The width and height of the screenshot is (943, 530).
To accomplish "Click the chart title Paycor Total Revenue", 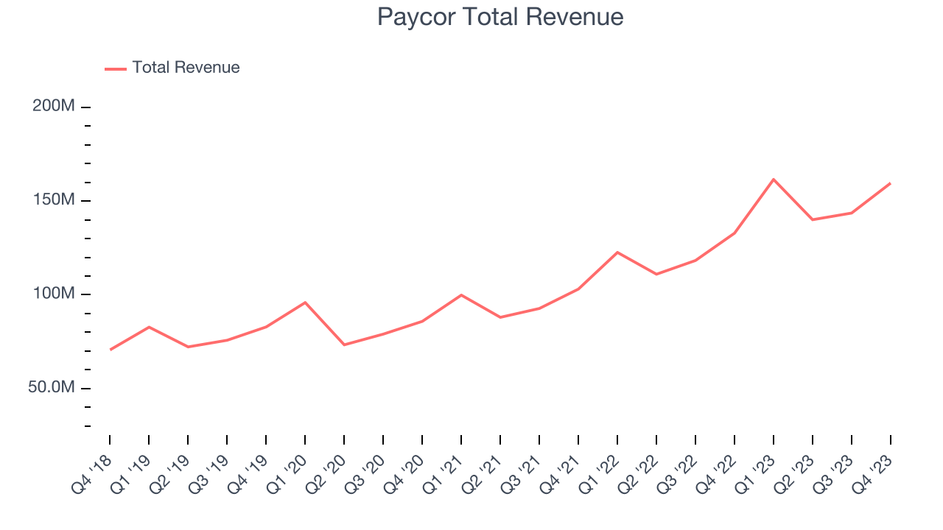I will [x=500, y=17].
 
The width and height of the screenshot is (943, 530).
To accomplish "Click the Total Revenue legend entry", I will [x=186, y=68].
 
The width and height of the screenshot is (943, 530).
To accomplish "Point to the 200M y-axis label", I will [x=54, y=107].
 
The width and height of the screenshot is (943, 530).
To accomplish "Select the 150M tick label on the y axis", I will [x=54, y=200].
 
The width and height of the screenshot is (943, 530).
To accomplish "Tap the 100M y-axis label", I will [x=54, y=294].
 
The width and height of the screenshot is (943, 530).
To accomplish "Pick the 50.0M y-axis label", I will [x=52, y=388].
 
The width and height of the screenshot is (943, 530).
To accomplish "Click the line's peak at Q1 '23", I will [x=774, y=179].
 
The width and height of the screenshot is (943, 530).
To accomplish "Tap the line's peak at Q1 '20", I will [x=305, y=303].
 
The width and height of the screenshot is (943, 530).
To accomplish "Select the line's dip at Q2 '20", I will [x=344, y=344].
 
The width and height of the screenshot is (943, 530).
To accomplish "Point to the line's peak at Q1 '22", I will [x=617, y=252].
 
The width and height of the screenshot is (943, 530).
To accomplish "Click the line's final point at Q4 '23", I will [x=890, y=183].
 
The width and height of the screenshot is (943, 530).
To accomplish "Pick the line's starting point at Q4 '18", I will [x=111, y=350].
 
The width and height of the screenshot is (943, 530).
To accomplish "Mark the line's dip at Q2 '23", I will [x=813, y=219].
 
